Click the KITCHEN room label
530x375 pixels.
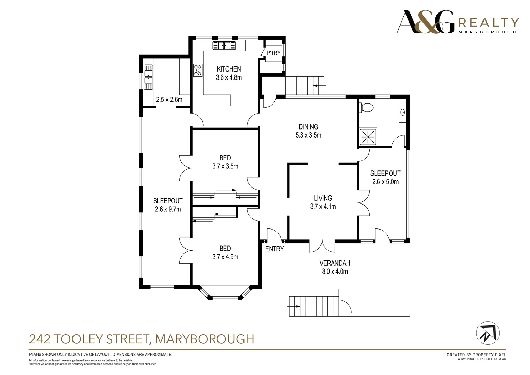tap(229, 69)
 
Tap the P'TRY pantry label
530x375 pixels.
tap(273, 53)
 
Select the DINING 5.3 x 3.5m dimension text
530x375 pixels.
tap(308, 135)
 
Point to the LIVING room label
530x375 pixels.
tap(323, 198)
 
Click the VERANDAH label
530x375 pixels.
tap(335, 263)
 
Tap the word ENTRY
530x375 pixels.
tap(274, 249)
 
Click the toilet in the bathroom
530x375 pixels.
tap(366, 107)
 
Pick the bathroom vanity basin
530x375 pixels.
tap(402, 112)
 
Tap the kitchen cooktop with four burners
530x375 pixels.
tap(198, 70)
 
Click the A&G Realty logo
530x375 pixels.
tap(458, 22)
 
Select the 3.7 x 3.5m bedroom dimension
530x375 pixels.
tap(225, 166)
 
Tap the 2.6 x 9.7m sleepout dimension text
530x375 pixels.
tap(168, 209)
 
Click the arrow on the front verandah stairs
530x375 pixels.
tap(294, 306)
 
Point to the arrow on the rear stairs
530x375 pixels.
tap(319, 85)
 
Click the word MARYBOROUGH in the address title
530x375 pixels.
tap(205, 339)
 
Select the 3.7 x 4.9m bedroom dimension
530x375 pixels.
tap(225, 257)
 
